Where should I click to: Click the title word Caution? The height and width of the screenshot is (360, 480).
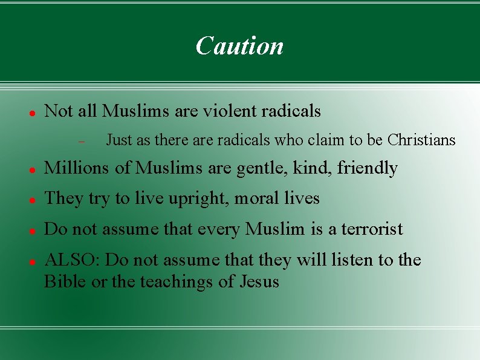coord(239,45)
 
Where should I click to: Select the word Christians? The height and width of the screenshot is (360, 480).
coord(421,140)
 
